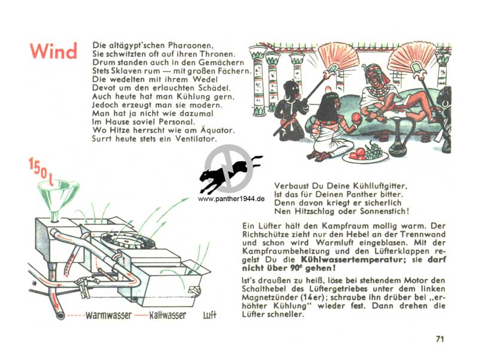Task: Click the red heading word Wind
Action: [x=53, y=51]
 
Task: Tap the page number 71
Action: [x=439, y=339]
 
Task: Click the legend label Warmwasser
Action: [x=109, y=315]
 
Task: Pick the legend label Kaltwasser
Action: [x=168, y=315]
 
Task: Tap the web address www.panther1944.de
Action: [x=231, y=199]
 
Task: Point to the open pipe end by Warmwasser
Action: [x=60, y=315]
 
